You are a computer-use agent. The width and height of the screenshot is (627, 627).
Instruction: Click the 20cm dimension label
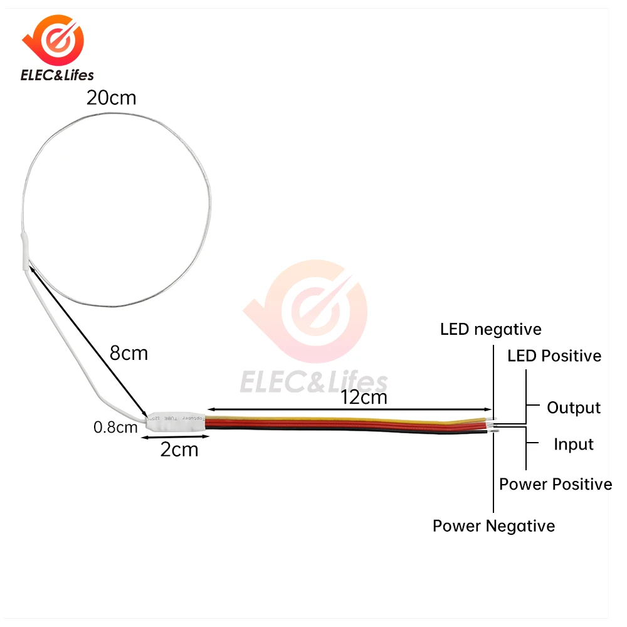112,98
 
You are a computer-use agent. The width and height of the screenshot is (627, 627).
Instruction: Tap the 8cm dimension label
129,353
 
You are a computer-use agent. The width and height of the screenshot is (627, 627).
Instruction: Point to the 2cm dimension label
179,449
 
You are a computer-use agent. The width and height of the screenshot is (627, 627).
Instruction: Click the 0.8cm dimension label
115,428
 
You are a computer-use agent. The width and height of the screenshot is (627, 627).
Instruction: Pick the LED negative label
490,329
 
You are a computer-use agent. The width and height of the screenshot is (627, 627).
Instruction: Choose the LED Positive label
554,356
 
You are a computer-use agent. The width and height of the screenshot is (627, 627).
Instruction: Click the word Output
574,408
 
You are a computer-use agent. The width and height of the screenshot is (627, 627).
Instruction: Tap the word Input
573,445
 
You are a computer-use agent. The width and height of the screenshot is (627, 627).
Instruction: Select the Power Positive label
556,484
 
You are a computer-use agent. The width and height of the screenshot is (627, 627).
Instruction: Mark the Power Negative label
493,525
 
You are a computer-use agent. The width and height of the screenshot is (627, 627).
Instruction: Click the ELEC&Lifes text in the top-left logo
57,76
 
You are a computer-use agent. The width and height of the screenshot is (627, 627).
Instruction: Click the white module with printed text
176,421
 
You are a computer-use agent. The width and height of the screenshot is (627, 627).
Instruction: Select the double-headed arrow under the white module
176,437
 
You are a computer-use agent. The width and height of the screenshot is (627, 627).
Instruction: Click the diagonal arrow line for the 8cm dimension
88,342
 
